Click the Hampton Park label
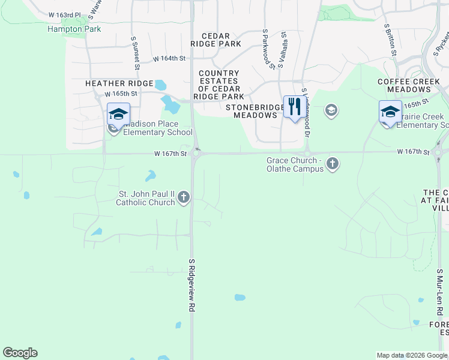pyautogui.click(x=74, y=29)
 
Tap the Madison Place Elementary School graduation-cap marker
pyautogui.click(x=118, y=114)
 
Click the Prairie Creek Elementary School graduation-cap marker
pyautogui.click(x=390, y=112)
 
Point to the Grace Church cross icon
pyautogui.click(x=333, y=163)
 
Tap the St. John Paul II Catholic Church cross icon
pyautogui.click(x=184, y=197)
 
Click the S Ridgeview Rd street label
pyautogui.click(x=192, y=285)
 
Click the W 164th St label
pyautogui.click(x=169, y=59)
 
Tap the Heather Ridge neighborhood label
pyautogui.click(x=119, y=83)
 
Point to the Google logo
pyautogui.click(x=20, y=353)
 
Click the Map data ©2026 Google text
pyautogui.click(x=411, y=355)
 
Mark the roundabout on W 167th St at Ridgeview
pyautogui.click(x=196, y=154)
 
